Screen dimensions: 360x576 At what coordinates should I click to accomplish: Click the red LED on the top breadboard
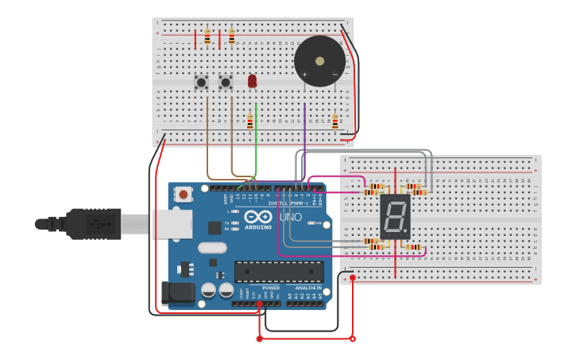[x=252, y=80]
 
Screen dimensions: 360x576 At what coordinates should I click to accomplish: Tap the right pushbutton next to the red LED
[x=226, y=82]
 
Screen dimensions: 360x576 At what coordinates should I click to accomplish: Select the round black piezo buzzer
[x=319, y=61]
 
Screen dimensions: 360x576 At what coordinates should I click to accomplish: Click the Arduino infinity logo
[x=258, y=217]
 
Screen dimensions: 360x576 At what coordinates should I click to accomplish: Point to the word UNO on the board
[x=290, y=217]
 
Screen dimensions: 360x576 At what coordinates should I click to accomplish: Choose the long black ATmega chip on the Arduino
[x=279, y=272]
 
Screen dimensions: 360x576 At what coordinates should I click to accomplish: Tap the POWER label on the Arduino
[x=271, y=288]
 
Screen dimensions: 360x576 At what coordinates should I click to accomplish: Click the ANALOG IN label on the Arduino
[x=308, y=288]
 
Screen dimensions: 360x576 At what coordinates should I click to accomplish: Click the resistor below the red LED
[x=249, y=122]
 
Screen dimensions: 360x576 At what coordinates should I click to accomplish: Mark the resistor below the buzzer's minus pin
[x=334, y=122]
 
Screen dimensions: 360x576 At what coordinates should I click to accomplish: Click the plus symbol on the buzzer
[x=304, y=74]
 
